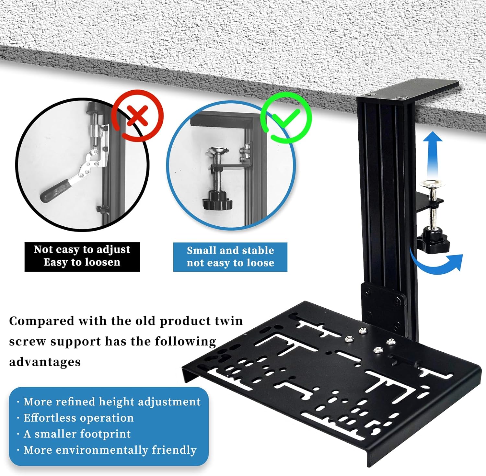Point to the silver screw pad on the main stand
(x=432, y=184)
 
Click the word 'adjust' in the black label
(x=113, y=249)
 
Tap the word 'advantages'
(x=45, y=362)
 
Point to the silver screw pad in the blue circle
(x=218, y=151)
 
